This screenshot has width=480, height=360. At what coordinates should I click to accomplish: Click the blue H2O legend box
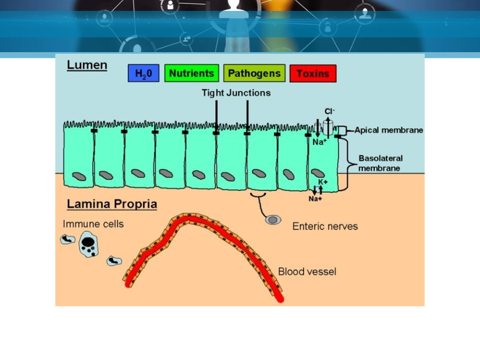click(x=143, y=74)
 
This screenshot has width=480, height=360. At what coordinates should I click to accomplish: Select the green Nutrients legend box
click(x=191, y=74)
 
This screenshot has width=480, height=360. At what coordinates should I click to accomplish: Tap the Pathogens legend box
click(x=255, y=74)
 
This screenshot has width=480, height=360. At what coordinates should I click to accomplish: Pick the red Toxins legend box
click(x=313, y=74)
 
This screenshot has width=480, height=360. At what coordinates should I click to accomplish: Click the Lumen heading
click(x=87, y=65)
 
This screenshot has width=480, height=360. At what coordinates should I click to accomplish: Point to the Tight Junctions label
click(x=236, y=93)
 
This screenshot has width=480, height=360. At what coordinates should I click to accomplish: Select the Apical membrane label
click(x=389, y=130)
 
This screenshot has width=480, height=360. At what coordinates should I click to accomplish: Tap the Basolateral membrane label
click(x=380, y=163)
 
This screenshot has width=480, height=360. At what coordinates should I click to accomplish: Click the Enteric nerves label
click(x=325, y=226)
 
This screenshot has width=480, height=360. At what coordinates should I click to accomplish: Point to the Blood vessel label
click(x=307, y=271)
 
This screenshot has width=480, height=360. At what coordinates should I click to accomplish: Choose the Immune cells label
click(x=93, y=224)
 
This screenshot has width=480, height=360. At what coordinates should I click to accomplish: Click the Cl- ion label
click(x=329, y=111)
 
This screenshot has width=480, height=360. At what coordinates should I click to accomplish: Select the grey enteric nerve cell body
click(x=273, y=220)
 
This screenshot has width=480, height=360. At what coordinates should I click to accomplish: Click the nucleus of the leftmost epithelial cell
click(x=79, y=176)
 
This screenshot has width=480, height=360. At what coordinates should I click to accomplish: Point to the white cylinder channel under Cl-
click(x=328, y=127)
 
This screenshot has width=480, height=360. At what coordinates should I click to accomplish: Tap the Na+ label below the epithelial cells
click(x=315, y=199)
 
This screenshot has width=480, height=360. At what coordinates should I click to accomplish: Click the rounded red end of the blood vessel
click(x=280, y=298)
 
